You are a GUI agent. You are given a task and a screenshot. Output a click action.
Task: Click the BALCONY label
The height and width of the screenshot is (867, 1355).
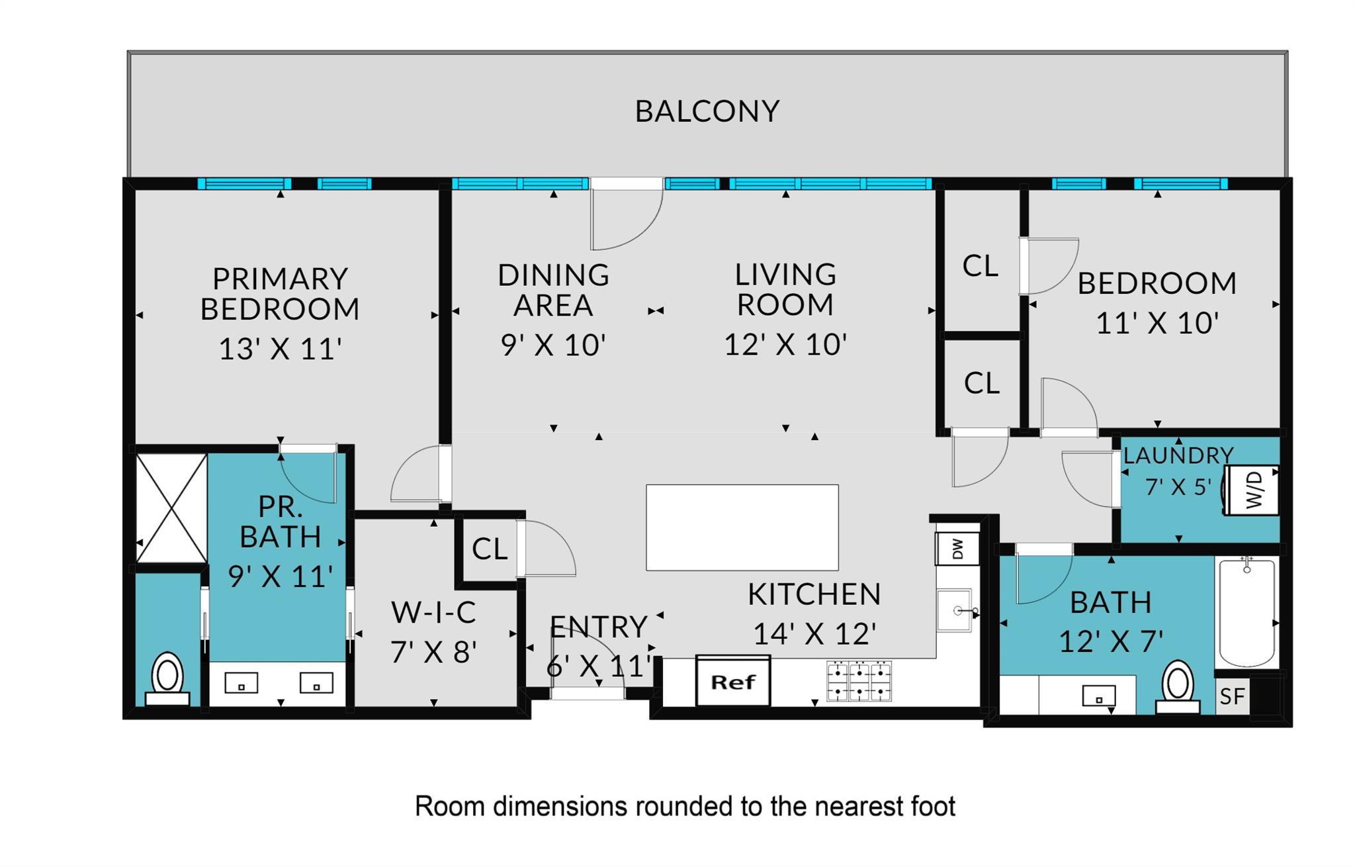pos(707,111)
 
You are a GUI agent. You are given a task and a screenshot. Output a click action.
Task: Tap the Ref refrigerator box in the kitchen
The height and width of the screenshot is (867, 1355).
pos(733,681)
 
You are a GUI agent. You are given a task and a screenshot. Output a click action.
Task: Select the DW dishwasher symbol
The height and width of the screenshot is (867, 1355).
pos(957,549)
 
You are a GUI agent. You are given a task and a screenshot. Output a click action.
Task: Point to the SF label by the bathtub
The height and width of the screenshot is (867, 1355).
pos(1232,696)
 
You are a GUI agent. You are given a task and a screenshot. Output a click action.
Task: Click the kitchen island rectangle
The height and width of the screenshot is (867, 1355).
pos(742,527)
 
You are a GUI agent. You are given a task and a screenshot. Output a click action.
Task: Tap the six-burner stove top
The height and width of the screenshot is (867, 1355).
pos(859,681)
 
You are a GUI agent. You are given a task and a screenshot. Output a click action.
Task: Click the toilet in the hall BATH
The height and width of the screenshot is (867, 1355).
pos(1178,687)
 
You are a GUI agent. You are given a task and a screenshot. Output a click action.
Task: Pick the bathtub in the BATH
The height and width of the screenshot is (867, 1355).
pos(1246,612)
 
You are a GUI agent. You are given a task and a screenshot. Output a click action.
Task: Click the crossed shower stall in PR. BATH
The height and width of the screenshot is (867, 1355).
pos(171,508)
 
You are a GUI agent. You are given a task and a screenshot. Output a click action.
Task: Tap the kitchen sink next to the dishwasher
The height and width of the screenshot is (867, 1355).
pos(954,611)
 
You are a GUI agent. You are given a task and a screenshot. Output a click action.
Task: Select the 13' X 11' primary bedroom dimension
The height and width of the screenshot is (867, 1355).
pos(280,349)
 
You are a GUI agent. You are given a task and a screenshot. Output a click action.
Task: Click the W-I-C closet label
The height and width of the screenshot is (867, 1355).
pos(433,612)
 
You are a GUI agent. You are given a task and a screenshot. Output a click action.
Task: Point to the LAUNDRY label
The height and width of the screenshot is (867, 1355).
pos(1178,455)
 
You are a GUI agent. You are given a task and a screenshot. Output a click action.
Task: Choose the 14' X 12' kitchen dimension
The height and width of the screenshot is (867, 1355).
pos(814,634)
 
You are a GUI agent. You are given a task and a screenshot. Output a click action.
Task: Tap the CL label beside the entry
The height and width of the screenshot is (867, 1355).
pos(489,549)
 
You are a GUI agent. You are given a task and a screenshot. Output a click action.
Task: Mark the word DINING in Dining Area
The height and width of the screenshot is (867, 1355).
pos(553,275)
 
